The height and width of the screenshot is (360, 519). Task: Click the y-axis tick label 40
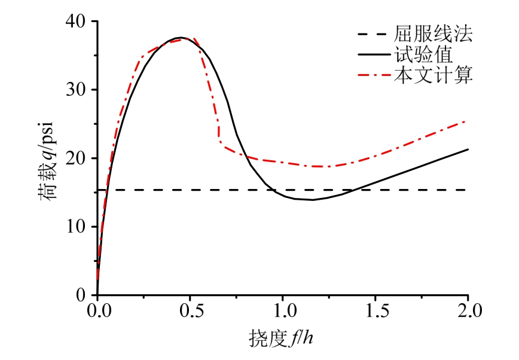(77, 21)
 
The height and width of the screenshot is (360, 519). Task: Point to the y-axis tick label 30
(77, 90)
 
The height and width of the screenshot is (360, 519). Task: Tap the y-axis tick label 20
(77, 158)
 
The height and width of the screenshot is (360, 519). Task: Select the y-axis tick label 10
(77, 227)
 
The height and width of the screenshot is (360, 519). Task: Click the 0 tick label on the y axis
(82, 295)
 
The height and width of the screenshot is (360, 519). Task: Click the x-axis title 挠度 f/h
(281, 339)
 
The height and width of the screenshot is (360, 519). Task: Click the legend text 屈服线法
(433, 34)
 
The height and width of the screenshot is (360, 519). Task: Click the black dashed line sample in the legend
(372, 35)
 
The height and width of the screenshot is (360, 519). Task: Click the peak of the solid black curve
(181, 38)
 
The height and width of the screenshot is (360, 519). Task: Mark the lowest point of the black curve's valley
(312, 200)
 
